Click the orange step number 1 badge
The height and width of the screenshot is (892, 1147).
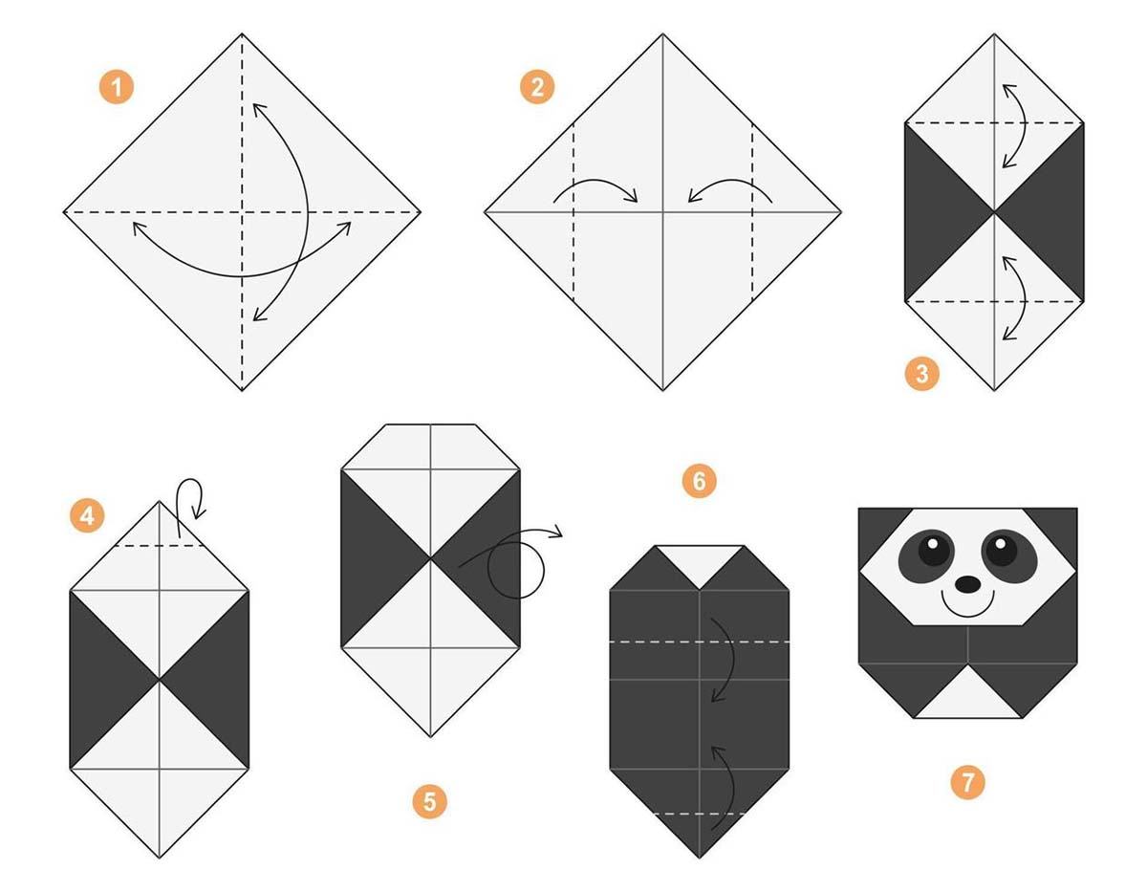[116, 87]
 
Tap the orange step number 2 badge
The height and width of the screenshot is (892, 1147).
[537, 87]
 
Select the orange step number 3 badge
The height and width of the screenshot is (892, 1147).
[921, 374]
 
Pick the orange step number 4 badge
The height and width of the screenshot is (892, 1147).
[87, 515]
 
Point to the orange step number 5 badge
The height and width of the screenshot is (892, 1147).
[429, 801]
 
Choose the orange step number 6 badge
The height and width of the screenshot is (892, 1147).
[699, 481]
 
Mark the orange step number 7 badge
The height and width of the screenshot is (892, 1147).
[967, 782]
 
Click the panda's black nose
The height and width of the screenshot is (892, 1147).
[968, 584]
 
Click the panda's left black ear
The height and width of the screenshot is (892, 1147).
[878, 533]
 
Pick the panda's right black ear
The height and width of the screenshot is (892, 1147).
[1056, 533]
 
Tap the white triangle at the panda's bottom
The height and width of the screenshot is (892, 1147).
[968, 699]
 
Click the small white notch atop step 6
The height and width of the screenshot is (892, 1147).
[699, 560]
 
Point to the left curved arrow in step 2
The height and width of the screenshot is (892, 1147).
[596, 182]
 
